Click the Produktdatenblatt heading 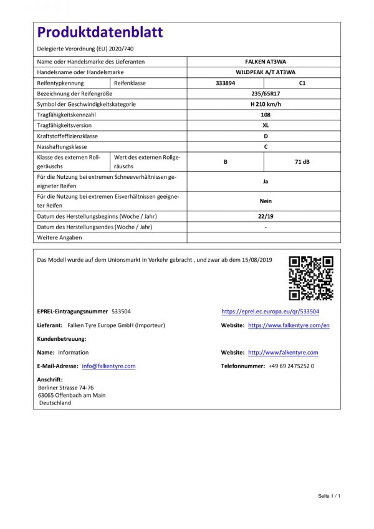[x=100, y=33]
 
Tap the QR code [x=310, y=278]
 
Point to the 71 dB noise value [x=302, y=161]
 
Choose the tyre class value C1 [x=302, y=83]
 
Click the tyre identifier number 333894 [x=225, y=83]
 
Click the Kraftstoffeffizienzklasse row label [x=67, y=136]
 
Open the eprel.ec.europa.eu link [x=270, y=311]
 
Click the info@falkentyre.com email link [x=108, y=366]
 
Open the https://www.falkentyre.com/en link [x=289, y=325]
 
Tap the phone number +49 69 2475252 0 [x=291, y=366]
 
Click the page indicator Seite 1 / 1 [x=329, y=495]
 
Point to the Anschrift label [x=50, y=379]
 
